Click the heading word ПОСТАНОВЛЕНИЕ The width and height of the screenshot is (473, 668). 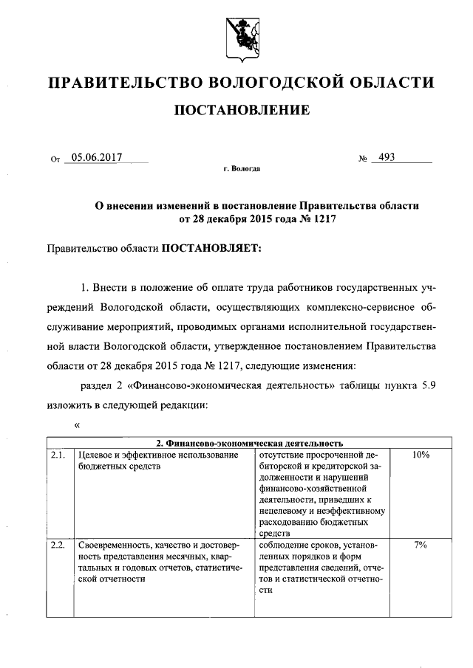[x=241, y=111]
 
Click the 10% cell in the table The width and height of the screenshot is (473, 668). [x=421, y=455]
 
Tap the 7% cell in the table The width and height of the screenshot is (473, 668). [x=421, y=545]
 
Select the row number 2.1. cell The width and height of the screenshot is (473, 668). [x=58, y=455]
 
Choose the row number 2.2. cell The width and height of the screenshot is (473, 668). [x=58, y=545]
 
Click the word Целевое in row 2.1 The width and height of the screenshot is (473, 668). [x=95, y=455]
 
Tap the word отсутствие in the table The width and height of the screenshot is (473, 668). [x=281, y=455]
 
